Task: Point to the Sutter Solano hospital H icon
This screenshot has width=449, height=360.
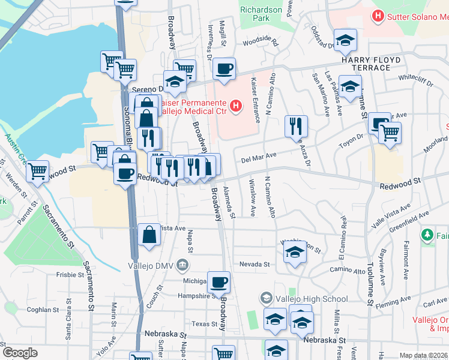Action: click(378, 16)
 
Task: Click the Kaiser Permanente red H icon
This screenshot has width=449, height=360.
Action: click(236, 107)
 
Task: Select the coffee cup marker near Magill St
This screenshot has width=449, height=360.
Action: click(224, 69)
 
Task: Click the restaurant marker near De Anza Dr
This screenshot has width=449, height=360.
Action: click(296, 125)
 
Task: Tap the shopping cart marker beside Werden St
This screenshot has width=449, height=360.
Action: click(38, 171)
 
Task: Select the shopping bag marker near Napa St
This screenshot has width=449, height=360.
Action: click(149, 235)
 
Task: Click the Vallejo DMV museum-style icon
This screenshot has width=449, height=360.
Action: click(183, 265)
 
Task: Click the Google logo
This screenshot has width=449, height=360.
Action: click(20, 353)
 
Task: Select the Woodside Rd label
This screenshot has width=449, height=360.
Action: click(261, 43)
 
